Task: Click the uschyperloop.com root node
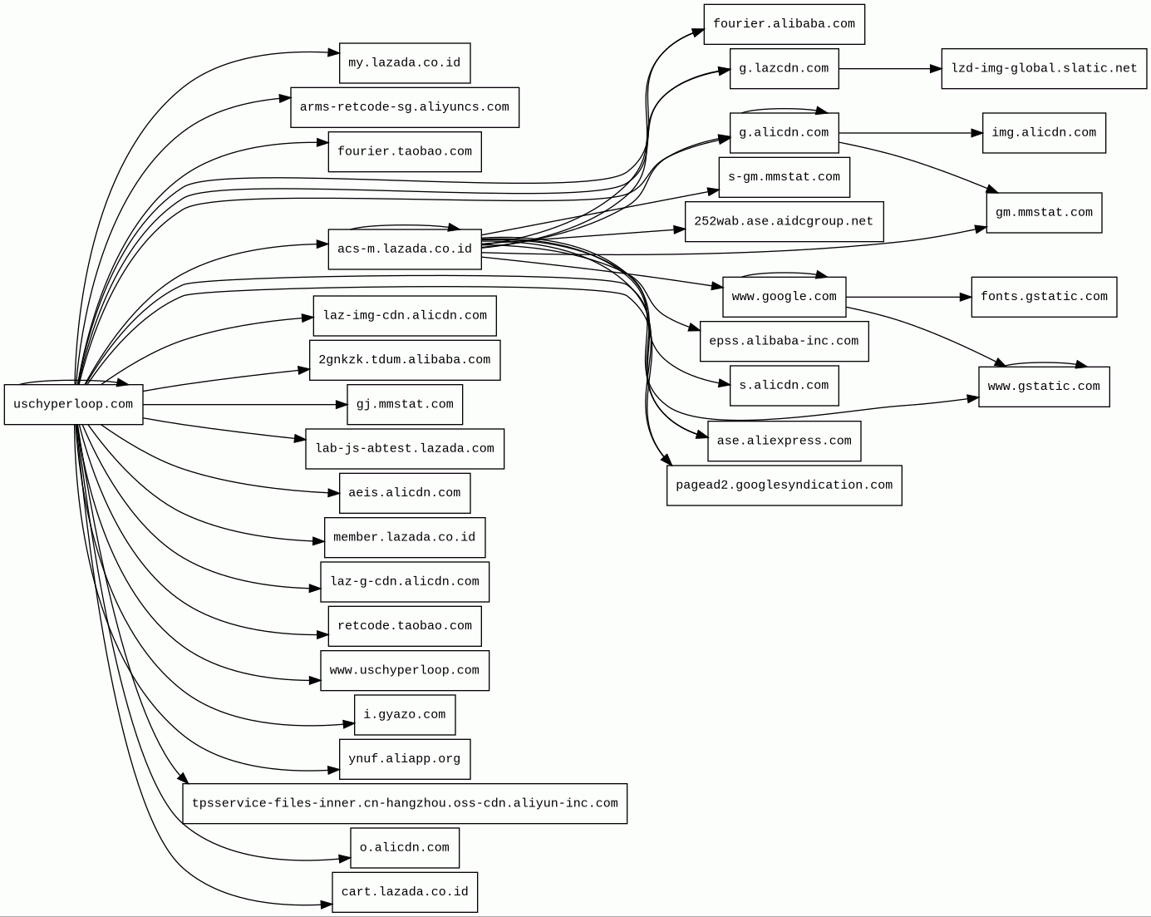coord(73,405)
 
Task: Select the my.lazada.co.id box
coord(404,63)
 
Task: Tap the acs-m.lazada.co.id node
coord(404,249)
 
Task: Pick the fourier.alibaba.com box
coord(784,24)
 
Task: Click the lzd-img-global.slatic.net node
coord(1044,69)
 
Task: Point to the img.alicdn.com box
coord(1044,133)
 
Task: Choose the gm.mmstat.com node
coord(1044,213)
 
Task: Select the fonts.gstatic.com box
coord(1044,297)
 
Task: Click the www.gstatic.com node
coord(1044,387)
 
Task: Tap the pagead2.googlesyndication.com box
coord(784,486)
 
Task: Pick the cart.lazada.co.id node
coord(404,892)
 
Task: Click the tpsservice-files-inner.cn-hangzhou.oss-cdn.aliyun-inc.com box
coord(404,804)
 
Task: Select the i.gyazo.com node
coord(404,715)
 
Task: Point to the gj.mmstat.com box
coord(404,405)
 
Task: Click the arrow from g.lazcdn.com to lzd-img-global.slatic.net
coord(889,69)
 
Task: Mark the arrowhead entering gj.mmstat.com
coord(341,405)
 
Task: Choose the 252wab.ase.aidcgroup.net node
coord(784,222)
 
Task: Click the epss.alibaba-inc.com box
coord(784,342)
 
